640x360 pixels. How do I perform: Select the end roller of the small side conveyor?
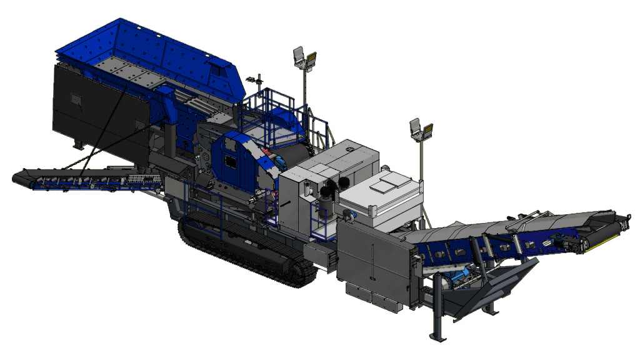point(19,177)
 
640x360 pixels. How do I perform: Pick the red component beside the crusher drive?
point(268,156)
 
